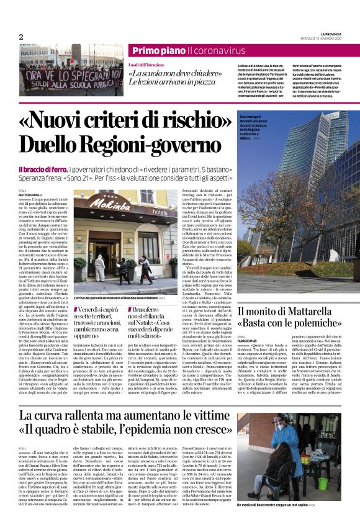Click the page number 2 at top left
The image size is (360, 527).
21,37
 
